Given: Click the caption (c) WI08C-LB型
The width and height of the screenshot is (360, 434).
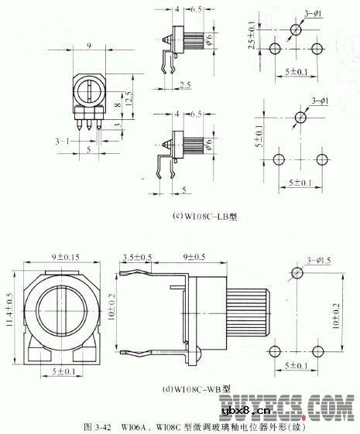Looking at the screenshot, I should (205, 217).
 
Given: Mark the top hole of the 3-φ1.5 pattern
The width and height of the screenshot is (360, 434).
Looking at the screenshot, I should (295, 274).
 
